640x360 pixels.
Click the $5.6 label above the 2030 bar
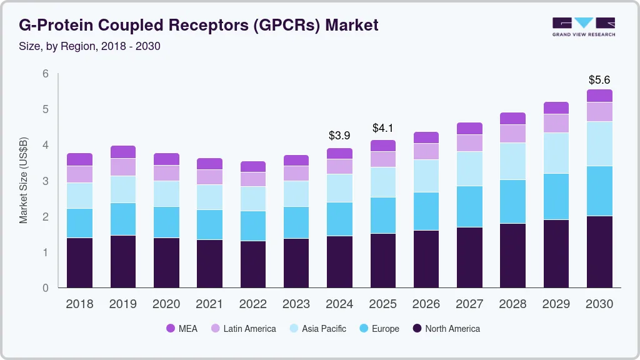coord(599,80)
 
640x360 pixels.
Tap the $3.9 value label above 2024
coord(339,135)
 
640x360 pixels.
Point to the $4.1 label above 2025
coord(382,128)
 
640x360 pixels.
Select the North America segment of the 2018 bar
coord(79,262)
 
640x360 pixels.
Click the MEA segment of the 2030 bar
coord(599,96)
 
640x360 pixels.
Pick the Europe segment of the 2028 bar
coord(512,201)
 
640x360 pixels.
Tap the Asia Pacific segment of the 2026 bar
coord(426,176)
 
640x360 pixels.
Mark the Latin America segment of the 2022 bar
coord(252,179)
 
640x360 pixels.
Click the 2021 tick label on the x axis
coord(209,304)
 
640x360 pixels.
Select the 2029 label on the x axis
coord(556,304)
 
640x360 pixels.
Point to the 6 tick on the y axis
coord(46,74)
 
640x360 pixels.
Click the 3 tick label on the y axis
coord(46,181)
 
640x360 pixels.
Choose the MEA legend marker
coord(170,329)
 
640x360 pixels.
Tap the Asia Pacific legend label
coord(324,329)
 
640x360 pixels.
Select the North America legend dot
coord(416,329)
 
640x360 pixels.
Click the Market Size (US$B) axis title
coord(24,181)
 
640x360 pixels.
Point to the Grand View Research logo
coord(583,26)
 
